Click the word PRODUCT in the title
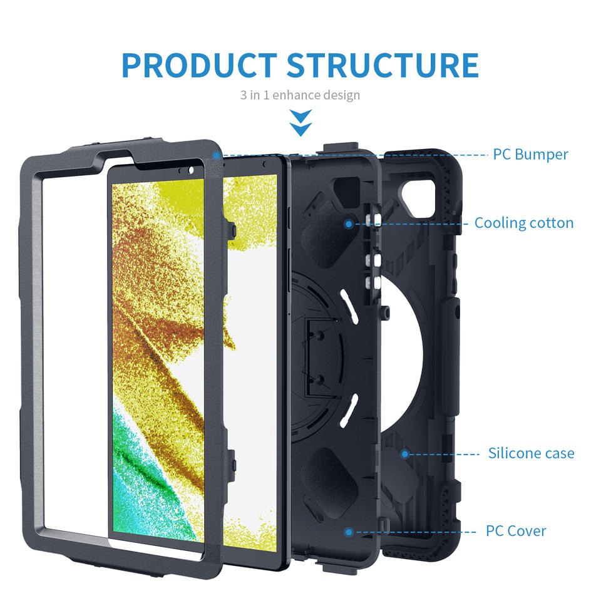click(x=198, y=65)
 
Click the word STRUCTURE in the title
click(x=384, y=65)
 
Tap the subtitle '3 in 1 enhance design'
click(x=300, y=95)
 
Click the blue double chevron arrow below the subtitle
click(x=301, y=122)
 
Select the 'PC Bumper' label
click(x=530, y=154)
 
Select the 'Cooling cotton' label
click(x=523, y=223)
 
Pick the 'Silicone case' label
click(x=531, y=453)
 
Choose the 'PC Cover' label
click(x=516, y=531)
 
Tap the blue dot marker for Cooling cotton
click(x=349, y=223)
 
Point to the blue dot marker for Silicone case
click(x=405, y=453)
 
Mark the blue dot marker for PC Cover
click(x=349, y=532)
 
